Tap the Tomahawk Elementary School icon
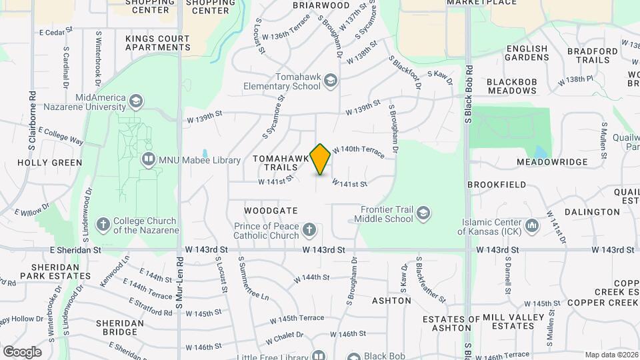click(x=330, y=82)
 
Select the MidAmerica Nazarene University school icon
click(x=136, y=102)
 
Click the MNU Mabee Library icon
click(x=148, y=160)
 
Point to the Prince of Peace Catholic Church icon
click(x=308, y=231)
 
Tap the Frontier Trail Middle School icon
click(x=422, y=214)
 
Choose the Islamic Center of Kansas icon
click(x=531, y=227)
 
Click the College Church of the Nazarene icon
click(x=103, y=225)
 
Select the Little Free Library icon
click(x=319, y=355)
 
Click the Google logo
click(x=22, y=351)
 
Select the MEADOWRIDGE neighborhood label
click(x=551, y=162)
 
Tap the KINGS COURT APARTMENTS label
click(x=157, y=43)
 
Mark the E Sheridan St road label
click(x=75, y=250)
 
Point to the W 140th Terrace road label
click(x=358, y=152)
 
